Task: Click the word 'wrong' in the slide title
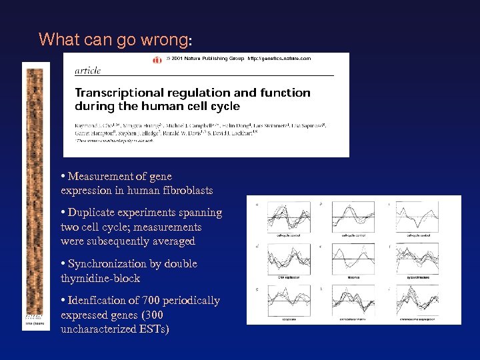[x=164, y=39]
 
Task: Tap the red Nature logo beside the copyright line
[x=157, y=59]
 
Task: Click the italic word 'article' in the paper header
[x=88, y=69]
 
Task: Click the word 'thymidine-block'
[x=95, y=278]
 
